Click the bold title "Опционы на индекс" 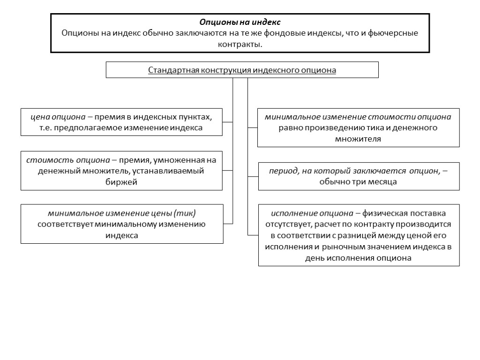pos(240,22)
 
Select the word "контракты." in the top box pos(240,45)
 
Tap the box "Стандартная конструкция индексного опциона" pos(242,70)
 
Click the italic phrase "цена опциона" pos(58,117)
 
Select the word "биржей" pos(121,182)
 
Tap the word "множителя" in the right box pos(358,139)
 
